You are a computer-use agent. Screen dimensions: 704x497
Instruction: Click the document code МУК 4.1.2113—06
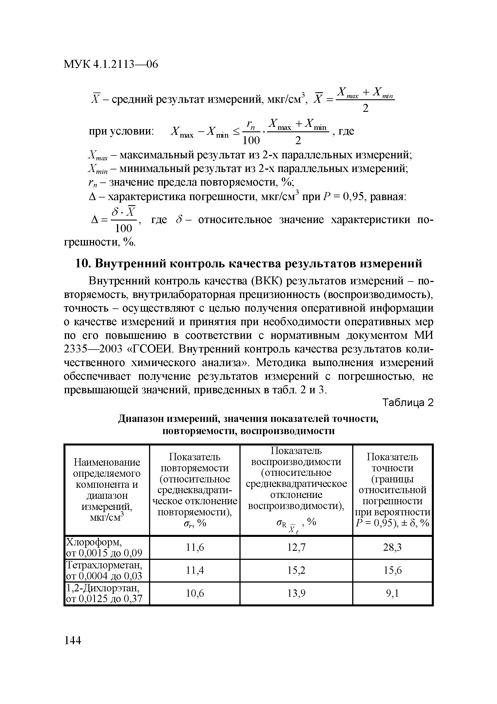click(111, 64)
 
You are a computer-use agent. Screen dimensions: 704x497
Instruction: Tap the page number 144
click(73, 640)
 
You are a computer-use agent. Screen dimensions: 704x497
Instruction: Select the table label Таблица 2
click(408, 403)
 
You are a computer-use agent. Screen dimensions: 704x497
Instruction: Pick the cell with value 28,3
click(392, 547)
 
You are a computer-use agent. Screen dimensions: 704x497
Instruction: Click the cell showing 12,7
click(296, 547)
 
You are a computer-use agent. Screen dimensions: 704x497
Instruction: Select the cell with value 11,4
click(195, 570)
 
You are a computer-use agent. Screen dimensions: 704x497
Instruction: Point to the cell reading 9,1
click(392, 594)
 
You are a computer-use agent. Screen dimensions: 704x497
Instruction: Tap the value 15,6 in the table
click(392, 570)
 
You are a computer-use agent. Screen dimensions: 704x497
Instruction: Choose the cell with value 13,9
click(296, 594)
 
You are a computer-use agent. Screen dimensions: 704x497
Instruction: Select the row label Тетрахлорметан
click(104, 565)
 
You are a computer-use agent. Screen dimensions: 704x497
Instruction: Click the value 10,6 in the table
click(195, 594)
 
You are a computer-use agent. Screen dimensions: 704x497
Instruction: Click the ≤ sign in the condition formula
click(236, 132)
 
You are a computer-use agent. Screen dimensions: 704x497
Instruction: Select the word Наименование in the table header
click(107, 463)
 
